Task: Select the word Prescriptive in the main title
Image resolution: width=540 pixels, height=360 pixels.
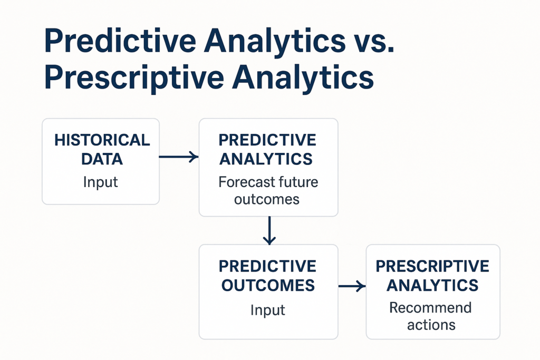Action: (x=134, y=78)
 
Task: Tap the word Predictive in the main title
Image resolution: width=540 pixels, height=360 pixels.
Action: (x=120, y=41)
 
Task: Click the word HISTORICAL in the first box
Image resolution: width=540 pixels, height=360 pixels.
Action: (x=102, y=140)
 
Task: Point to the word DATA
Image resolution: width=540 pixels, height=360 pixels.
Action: (x=102, y=159)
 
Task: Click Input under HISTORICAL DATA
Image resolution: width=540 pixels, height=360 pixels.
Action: (x=101, y=182)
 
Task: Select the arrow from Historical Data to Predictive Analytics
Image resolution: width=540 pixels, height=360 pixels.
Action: (x=179, y=157)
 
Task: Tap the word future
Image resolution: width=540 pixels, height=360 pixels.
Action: (x=298, y=182)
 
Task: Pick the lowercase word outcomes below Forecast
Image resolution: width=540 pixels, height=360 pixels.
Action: (x=266, y=199)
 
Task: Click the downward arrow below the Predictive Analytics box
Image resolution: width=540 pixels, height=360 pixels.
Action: (x=269, y=230)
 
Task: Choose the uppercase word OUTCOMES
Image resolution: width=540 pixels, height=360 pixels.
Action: (x=268, y=285)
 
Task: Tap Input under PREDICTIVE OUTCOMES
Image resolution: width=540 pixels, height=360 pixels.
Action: (x=267, y=310)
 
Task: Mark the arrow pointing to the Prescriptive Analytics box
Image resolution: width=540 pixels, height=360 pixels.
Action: (x=352, y=286)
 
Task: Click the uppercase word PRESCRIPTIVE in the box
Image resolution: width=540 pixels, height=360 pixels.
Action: (x=432, y=266)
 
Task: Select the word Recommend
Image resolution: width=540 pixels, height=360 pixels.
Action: (x=430, y=308)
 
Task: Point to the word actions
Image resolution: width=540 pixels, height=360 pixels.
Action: (x=431, y=325)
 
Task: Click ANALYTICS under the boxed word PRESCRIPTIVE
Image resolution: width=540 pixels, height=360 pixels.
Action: (x=432, y=285)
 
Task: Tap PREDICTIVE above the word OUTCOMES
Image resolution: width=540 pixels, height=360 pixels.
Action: (x=267, y=266)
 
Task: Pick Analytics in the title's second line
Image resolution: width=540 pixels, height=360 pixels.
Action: (x=303, y=78)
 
